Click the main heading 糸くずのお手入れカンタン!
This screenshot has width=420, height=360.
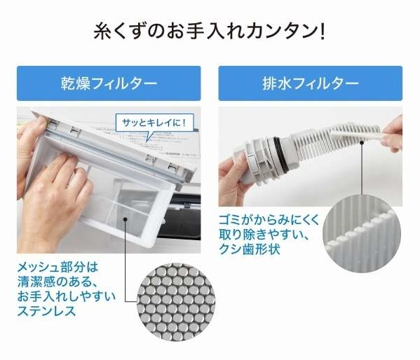click(209, 32)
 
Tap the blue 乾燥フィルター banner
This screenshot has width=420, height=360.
click(109, 83)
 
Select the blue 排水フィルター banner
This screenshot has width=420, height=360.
click(310, 83)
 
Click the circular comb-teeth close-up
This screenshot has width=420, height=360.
click(362, 234)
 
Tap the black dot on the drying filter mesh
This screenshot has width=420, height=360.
click(125, 219)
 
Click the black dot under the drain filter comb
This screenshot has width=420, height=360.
click(362, 143)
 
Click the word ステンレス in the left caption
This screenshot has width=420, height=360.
click(46, 311)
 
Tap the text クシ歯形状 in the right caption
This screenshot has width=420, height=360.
click(250, 249)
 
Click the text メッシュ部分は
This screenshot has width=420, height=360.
click(58, 268)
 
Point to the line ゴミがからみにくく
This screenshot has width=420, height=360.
click(269, 221)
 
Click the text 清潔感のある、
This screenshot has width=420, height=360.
click(58, 282)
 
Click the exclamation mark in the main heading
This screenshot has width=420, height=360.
click(323, 32)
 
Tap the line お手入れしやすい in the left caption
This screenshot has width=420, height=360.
click(67, 296)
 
